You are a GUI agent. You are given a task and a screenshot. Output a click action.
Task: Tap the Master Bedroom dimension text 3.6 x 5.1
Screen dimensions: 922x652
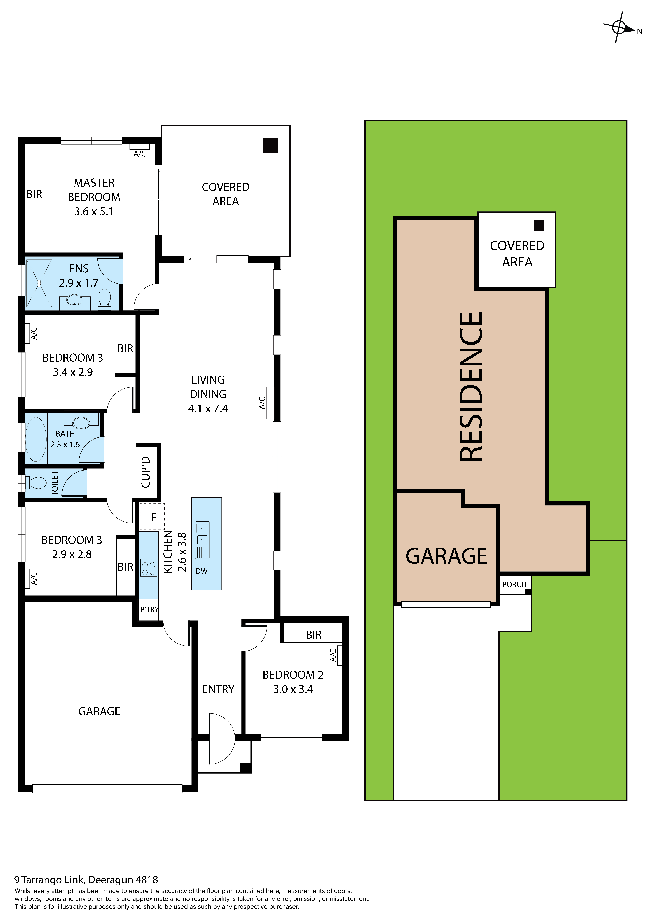[x=94, y=212]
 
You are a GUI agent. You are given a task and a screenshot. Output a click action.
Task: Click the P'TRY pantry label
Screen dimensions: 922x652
[x=149, y=609]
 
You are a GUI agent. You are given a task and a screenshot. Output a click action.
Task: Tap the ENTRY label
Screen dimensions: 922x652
[x=218, y=689]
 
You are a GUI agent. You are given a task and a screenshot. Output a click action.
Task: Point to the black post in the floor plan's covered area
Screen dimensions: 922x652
[x=271, y=145]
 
